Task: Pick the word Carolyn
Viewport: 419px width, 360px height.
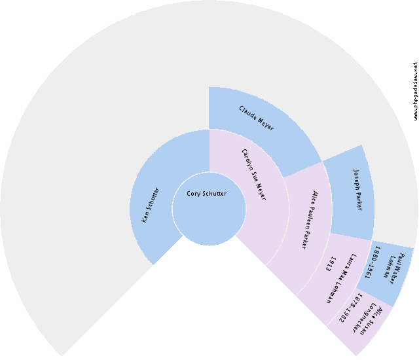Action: tap(248, 161)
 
